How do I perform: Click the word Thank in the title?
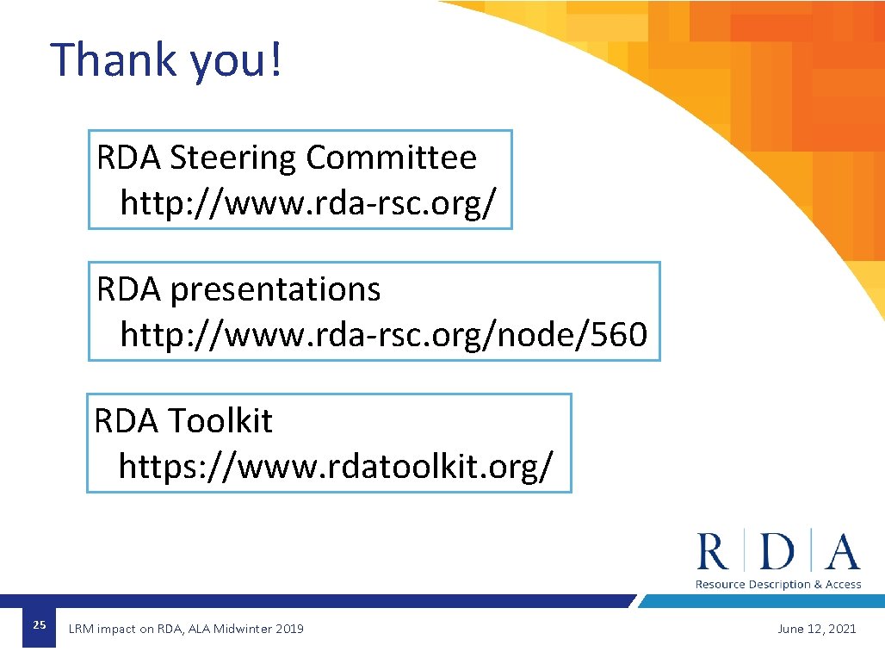point(113,59)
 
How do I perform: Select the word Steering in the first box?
point(232,158)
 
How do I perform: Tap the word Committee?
point(391,158)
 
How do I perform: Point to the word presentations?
point(275,290)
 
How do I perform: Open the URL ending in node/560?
point(383,334)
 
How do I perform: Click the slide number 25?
point(39,625)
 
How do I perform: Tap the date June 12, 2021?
point(816,629)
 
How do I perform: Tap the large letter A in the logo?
point(842,551)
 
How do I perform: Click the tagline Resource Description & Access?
point(777,584)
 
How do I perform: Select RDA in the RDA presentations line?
point(129,290)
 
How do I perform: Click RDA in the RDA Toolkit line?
point(127,421)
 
